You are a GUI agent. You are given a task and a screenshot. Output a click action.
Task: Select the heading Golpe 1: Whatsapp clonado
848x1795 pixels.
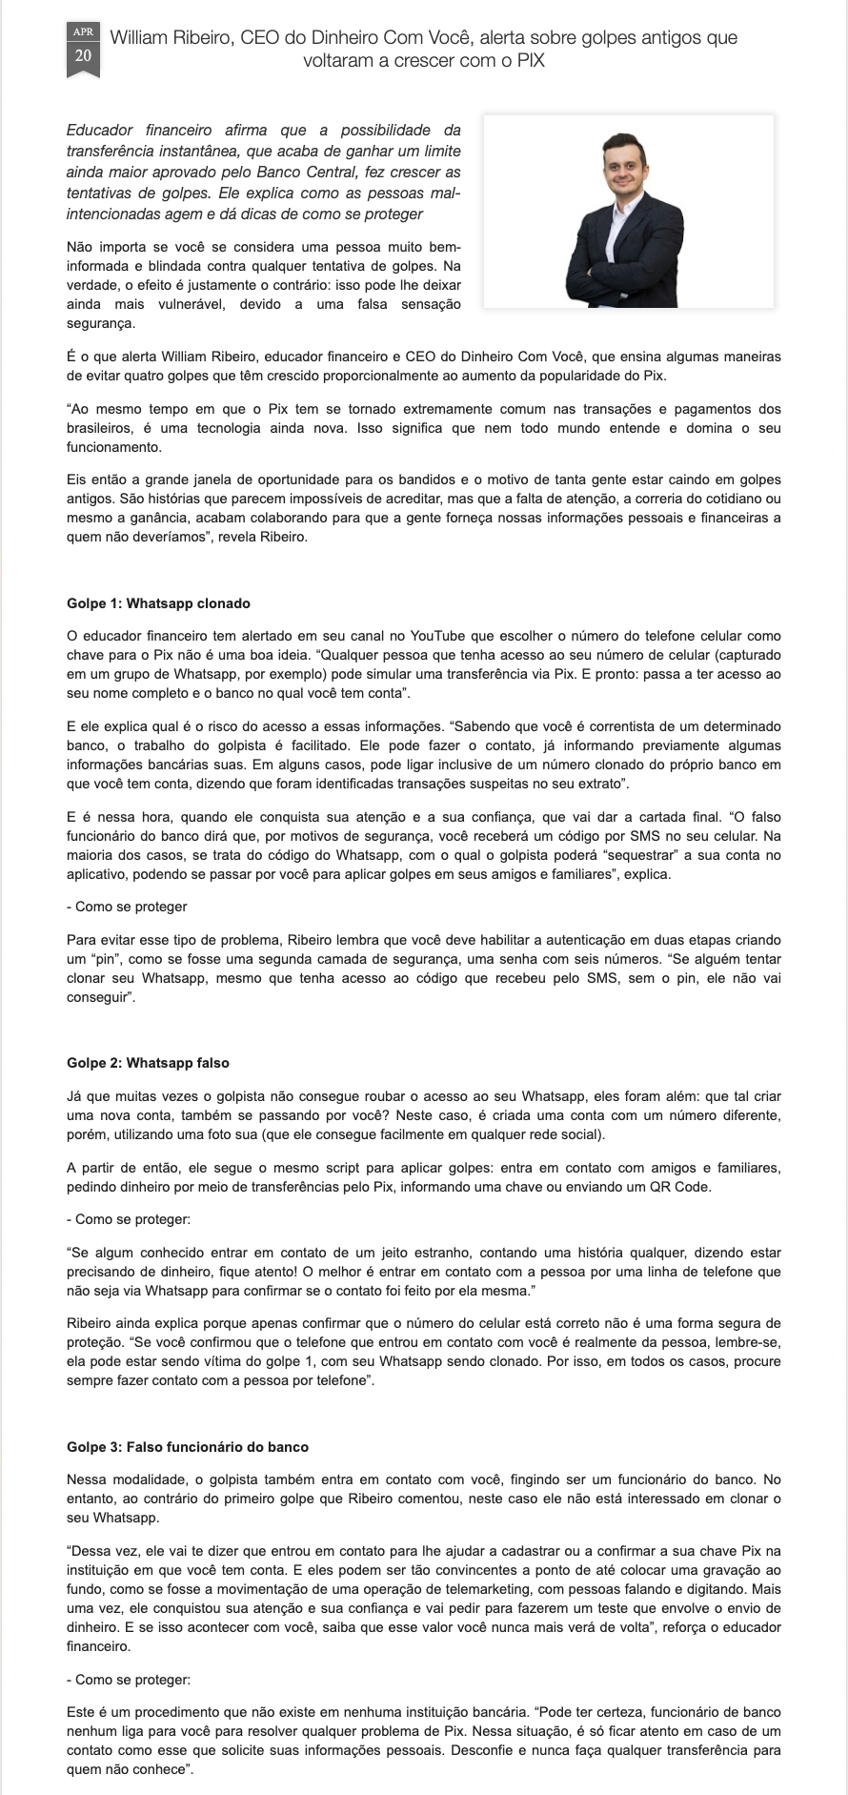coord(158,603)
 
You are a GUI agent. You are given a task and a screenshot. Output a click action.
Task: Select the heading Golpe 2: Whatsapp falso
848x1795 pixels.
coord(148,1063)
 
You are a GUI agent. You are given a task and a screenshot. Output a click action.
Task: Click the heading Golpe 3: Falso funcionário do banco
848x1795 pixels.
coord(188,1447)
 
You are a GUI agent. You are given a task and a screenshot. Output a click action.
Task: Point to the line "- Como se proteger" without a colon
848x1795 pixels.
coord(127,907)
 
